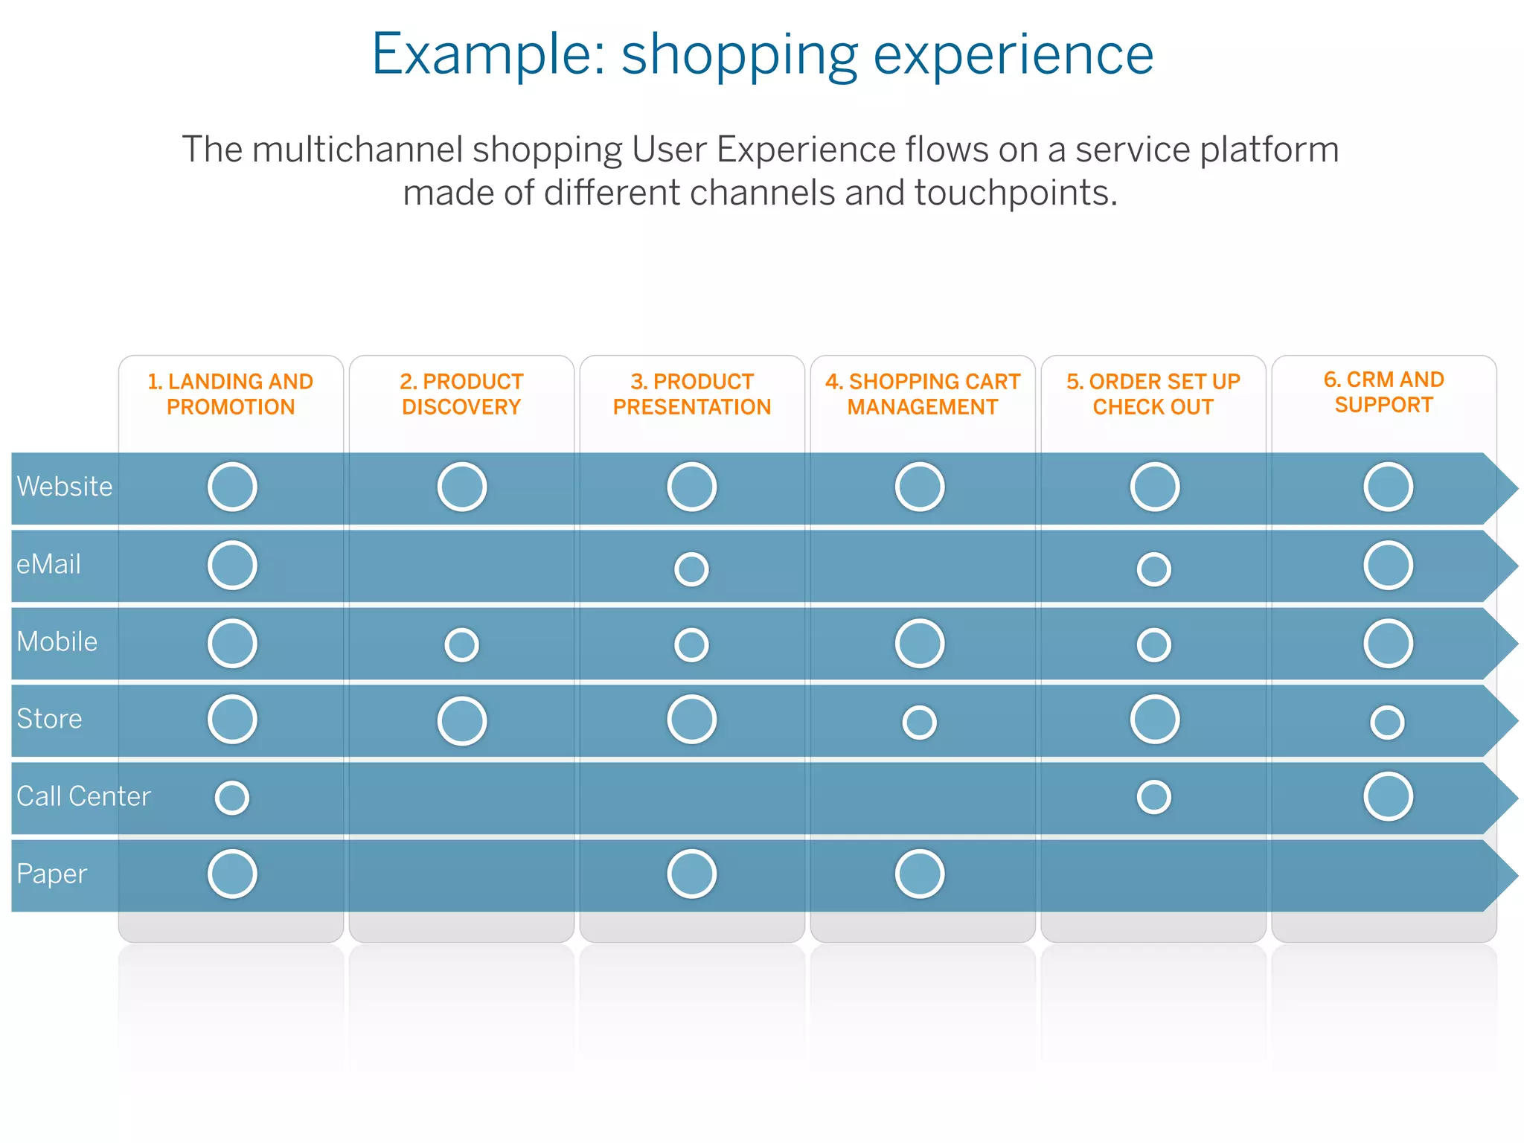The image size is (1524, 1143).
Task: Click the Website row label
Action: click(65, 487)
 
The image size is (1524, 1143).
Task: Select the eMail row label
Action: click(48, 564)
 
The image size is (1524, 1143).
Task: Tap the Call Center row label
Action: click(83, 796)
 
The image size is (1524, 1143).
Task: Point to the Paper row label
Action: click(52, 874)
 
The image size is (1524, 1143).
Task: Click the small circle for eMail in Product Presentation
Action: click(691, 569)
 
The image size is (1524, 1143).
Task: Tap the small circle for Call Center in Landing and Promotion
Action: click(232, 798)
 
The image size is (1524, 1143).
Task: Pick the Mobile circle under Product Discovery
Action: click(461, 644)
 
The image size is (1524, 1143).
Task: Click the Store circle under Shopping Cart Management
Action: click(919, 722)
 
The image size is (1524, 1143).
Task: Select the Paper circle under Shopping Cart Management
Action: click(920, 874)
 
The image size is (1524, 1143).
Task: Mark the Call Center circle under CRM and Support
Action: click(1388, 796)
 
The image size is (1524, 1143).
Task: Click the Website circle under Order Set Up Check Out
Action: click(1154, 487)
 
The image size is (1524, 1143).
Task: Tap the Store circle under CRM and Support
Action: click(1387, 722)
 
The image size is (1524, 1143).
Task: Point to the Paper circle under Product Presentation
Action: click(691, 874)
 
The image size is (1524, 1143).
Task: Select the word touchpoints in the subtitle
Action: click(1016, 193)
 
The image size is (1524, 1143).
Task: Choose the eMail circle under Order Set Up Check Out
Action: click(1154, 569)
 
